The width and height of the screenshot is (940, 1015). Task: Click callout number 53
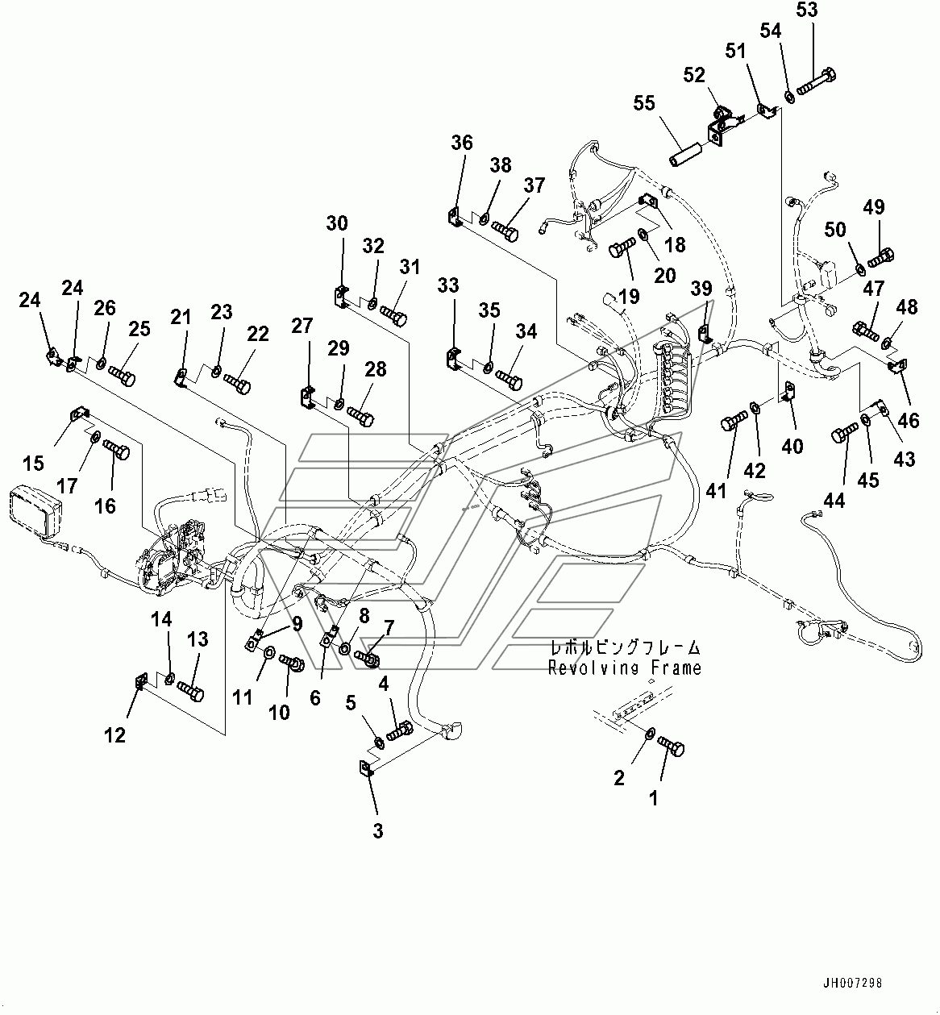[807, 10]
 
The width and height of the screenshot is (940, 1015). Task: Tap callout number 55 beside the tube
[643, 104]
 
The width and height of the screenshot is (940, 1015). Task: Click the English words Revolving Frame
[625, 668]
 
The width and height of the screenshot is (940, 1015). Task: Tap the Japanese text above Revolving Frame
[625, 647]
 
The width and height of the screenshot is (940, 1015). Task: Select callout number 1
[654, 798]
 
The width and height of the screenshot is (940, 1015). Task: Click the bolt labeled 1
[672, 745]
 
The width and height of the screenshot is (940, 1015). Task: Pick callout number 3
[377, 831]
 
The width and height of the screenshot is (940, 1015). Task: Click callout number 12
[115, 734]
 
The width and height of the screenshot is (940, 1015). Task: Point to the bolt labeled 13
[190, 689]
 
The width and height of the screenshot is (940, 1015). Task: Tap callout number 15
[33, 463]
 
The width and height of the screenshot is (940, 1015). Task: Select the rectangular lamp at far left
[34, 513]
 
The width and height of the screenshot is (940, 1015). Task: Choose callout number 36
[462, 144]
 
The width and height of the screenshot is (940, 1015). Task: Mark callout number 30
[337, 223]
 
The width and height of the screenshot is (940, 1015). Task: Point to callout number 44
[834, 501]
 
